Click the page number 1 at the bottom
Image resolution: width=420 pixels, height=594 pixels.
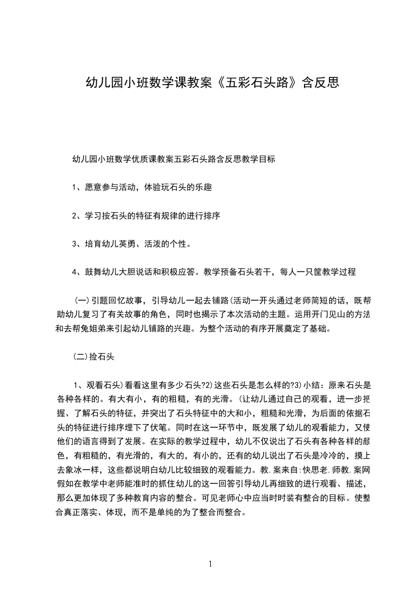tap(210, 564)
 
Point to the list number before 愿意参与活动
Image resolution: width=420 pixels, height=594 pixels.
tap(74, 187)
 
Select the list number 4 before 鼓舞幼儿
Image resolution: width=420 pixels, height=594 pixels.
tap(74, 273)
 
